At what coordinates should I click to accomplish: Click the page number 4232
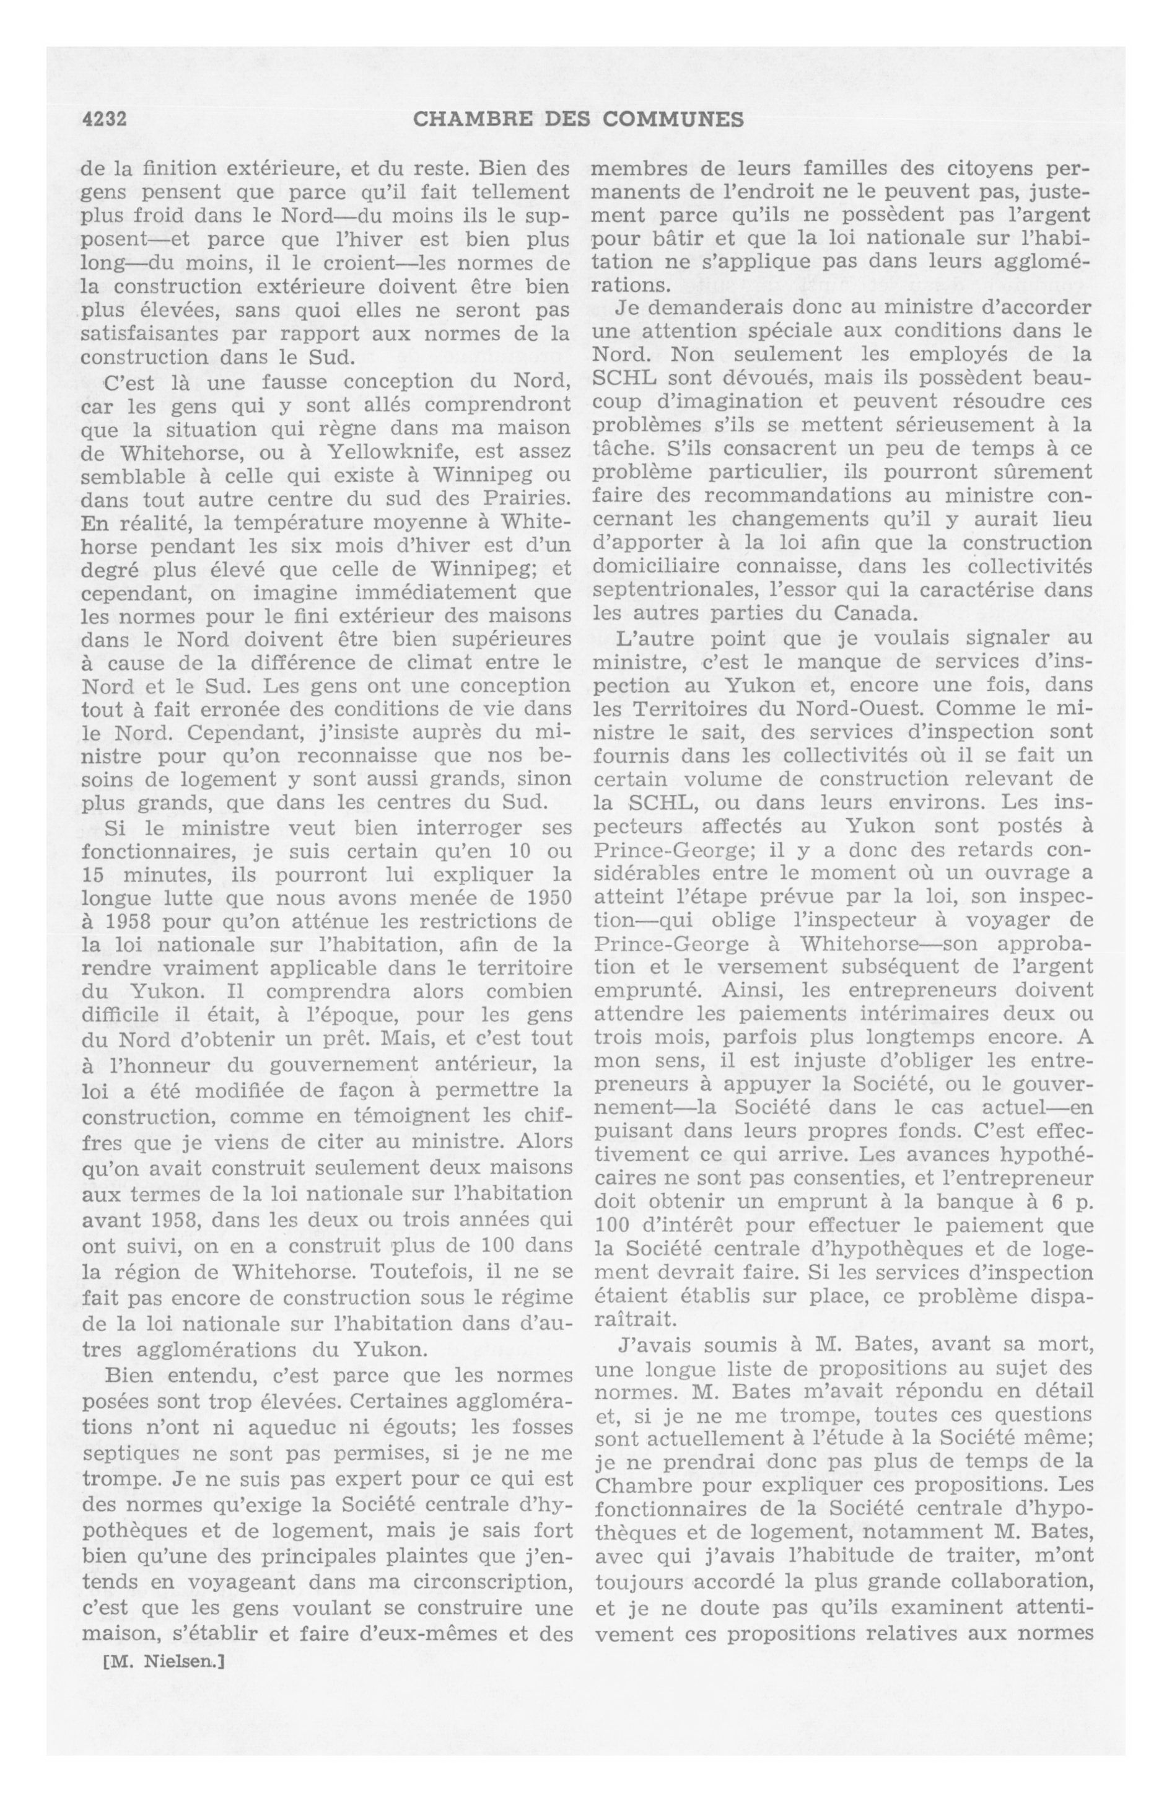[x=102, y=119]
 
